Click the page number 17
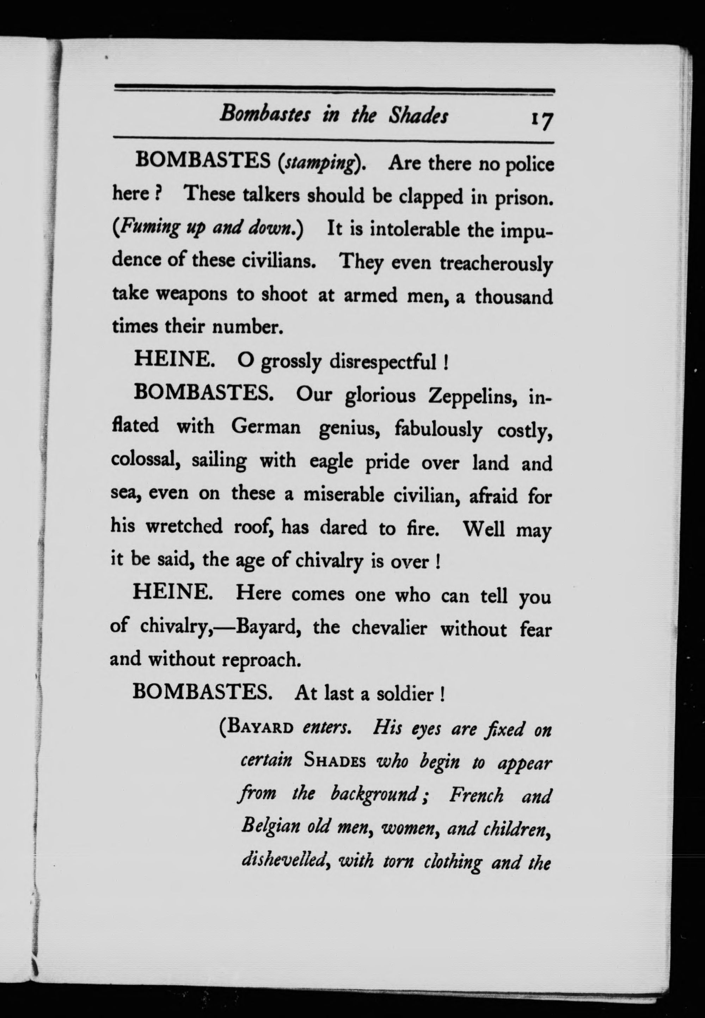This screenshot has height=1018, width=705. pos(541,120)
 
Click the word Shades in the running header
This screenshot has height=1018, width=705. pos(418,116)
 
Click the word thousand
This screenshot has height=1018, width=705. pos(513,296)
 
